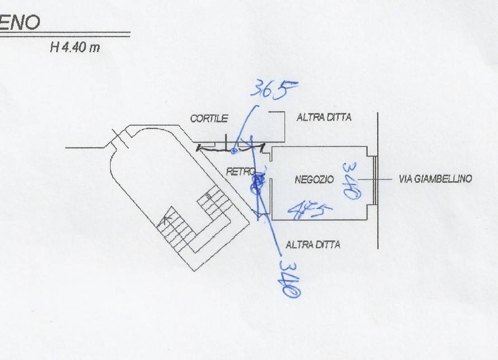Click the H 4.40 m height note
(75, 48)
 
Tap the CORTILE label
(209, 119)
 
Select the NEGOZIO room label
(314, 179)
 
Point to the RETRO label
(240, 171)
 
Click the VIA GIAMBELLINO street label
(435, 179)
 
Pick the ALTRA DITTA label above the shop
(324, 118)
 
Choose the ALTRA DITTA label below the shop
(312, 244)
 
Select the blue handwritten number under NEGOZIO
(308, 211)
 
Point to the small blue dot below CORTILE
(234, 150)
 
